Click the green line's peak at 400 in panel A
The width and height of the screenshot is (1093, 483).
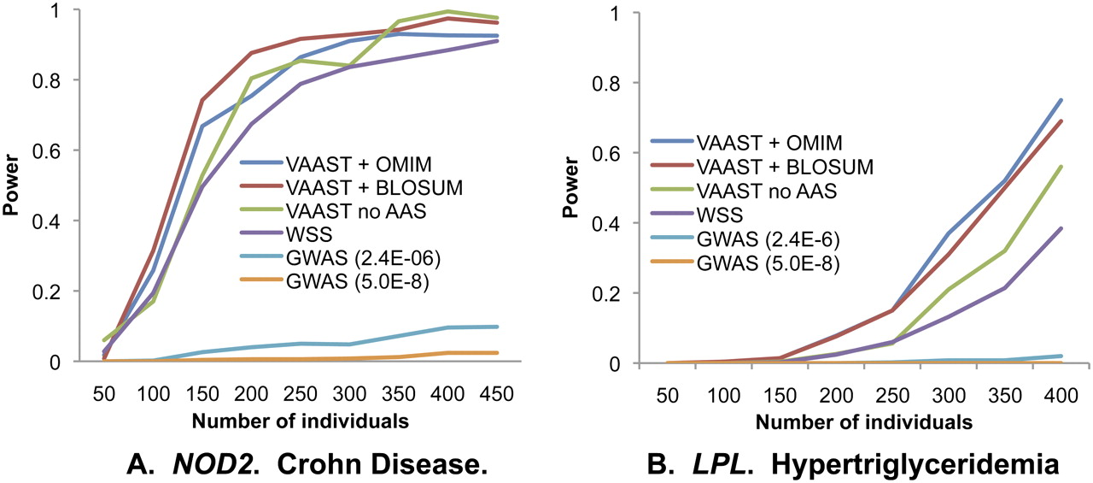click(447, 12)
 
